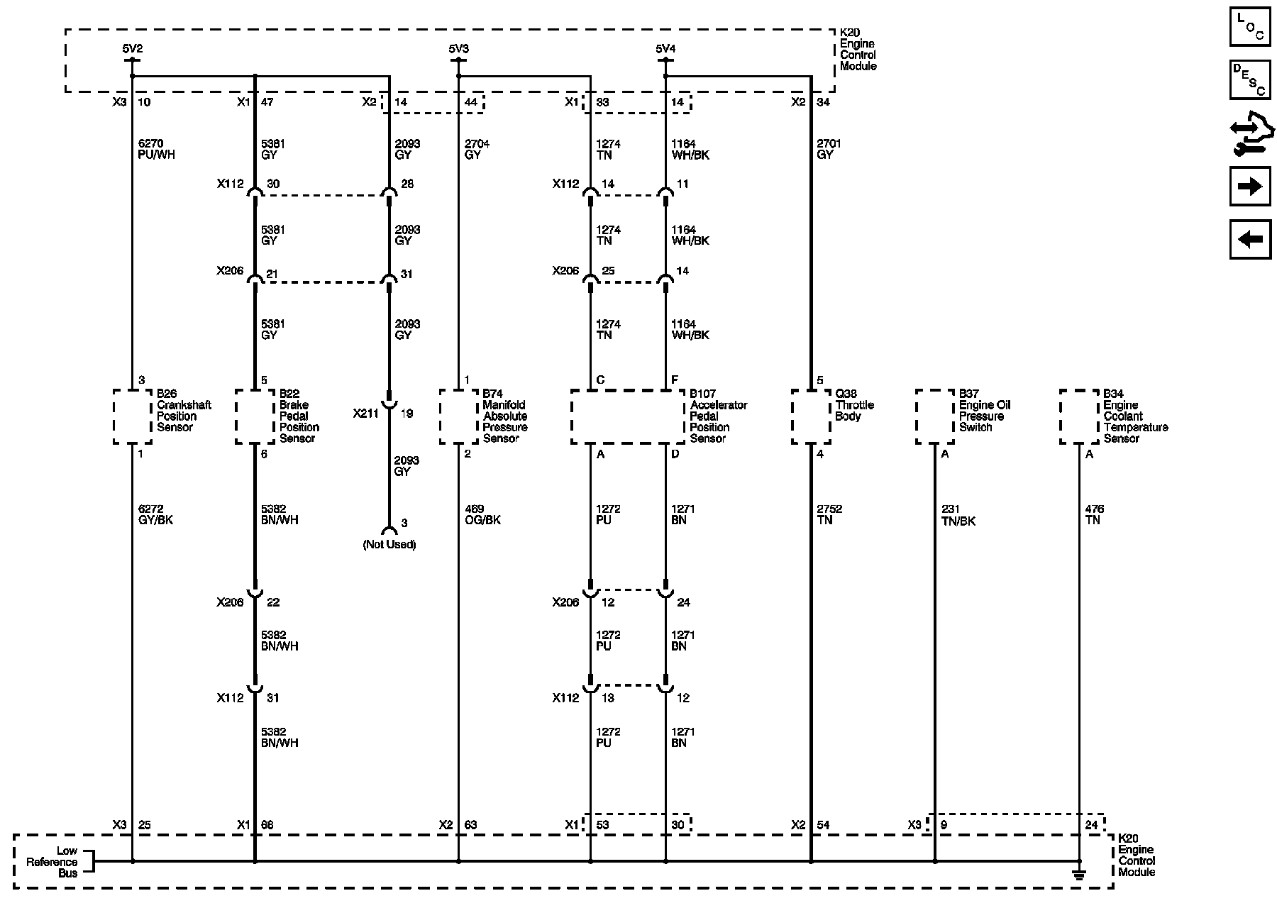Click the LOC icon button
(1249, 28)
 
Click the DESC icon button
(1249, 80)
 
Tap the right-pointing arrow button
(1249, 187)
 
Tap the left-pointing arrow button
(1249, 239)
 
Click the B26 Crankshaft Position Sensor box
(133, 416)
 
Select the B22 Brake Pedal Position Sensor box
(255, 416)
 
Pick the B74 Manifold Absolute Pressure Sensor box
(458, 416)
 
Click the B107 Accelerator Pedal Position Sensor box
(628, 416)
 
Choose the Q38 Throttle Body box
(811, 416)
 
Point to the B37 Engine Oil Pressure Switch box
(935, 416)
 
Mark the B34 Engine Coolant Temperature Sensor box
(1079, 416)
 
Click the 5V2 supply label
(133, 49)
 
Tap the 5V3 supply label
(458, 49)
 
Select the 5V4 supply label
(665, 49)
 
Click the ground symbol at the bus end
(1079, 875)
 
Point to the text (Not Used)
(389, 545)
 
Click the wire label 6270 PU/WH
(156, 149)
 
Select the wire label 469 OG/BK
(482, 514)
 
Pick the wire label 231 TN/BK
(958, 514)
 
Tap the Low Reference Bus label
(52, 862)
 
